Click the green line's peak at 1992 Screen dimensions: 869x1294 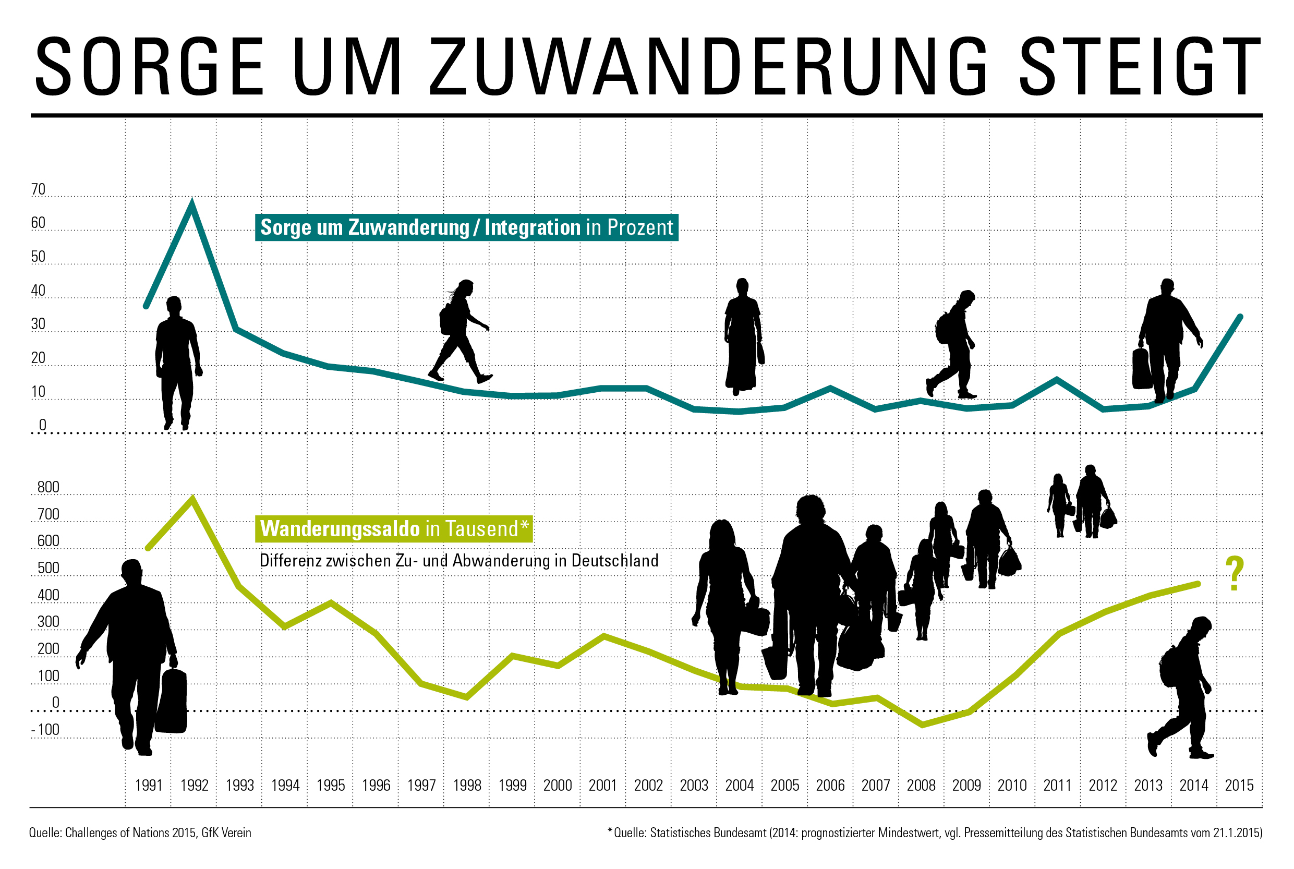tap(192, 498)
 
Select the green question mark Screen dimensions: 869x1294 tap(1234, 574)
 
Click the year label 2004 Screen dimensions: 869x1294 tap(739, 786)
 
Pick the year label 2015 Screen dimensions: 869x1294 tap(1239, 786)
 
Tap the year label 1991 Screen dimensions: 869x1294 tap(149, 786)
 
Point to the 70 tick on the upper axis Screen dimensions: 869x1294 tap(38, 189)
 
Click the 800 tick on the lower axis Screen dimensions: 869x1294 tap(48, 487)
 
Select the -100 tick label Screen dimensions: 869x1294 tap(45, 729)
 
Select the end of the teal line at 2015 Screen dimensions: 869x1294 tap(1240, 317)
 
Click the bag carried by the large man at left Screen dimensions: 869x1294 tap(171, 702)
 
